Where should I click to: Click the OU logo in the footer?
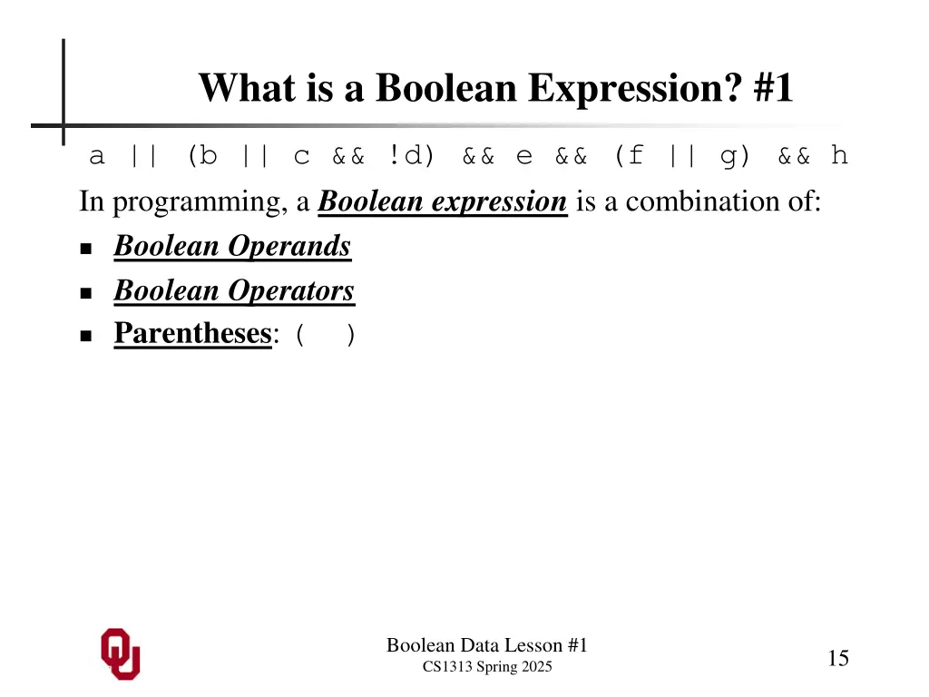tap(120, 653)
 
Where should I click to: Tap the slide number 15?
tap(837, 659)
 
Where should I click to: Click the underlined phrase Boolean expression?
tap(443, 201)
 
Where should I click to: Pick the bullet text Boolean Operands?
tap(232, 246)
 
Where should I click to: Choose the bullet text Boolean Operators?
tap(234, 290)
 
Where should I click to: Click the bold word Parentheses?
tap(192, 334)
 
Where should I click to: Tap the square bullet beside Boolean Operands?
tap(87, 249)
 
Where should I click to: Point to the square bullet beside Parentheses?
tap(87, 336)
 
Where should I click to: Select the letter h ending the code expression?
tap(839, 156)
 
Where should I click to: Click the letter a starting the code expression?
tap(96, 156)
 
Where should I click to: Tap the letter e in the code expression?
tap(524, 156)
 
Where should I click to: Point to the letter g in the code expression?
tap(729, 156)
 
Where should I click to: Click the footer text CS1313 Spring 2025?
tap(487, 668)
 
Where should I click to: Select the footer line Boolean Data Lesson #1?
tap(487, 645)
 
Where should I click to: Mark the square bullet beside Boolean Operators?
tap(87, 293)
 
